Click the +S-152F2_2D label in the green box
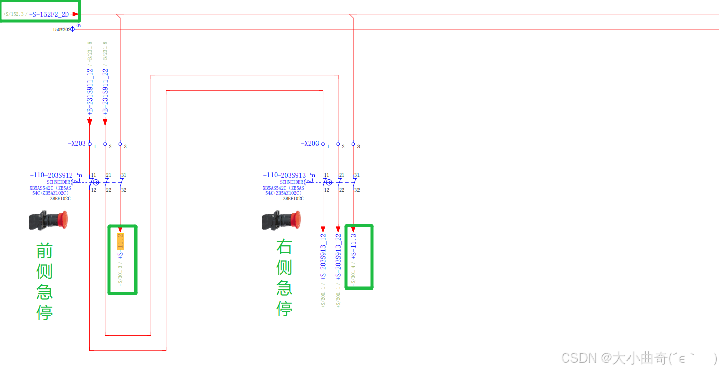[x=49, y=14]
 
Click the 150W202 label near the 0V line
[x=62, y=30]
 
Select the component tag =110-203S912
[x=51, y=176]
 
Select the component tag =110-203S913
[x=284, y=176]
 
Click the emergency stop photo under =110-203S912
[x=49, y=220]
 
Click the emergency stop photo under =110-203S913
[x=281, y=220]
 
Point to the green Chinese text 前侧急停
[x=44, y=281]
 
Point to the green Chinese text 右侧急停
[x=284, y=278]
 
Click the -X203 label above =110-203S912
[x=77, y=144]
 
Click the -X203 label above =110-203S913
[x=310, y=144]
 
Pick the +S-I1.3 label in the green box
[x=354, y=246]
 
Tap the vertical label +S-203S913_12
[x=323, y=256]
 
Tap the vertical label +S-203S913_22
[x=338, y=256]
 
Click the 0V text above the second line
[x=79, y=25]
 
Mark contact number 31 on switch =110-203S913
[x=356, y=175]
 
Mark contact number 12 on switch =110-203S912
[x=94, y=190]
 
